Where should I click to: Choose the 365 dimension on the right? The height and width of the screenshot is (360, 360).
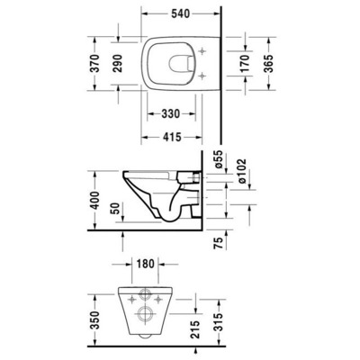[266, 62]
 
